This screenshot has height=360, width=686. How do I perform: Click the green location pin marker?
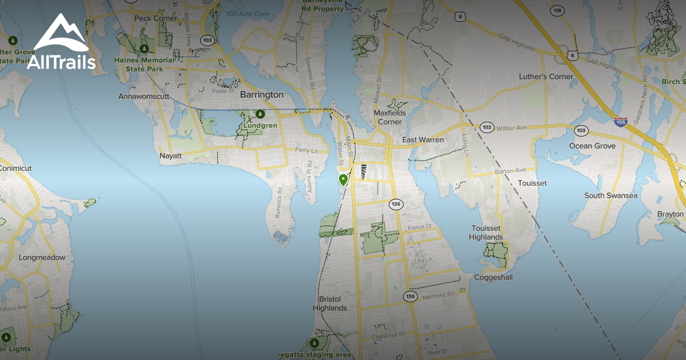click(x=343, y=180)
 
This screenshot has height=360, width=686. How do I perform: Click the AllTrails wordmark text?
click(x=61, y=62)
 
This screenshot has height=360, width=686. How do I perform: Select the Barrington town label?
click(x=262, y=94)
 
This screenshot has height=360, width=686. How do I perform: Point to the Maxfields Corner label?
click(x=390, y=117)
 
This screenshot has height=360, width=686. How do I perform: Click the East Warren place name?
click(x=424, y=140)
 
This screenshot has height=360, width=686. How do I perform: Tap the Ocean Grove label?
click(x=592, y=146)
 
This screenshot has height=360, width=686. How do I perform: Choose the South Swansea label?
click(x=611, y=195)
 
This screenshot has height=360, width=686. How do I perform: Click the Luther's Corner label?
click(x=546, y=77)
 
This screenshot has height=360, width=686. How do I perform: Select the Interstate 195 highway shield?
click(x=621, y=122)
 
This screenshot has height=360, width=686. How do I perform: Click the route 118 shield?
click(x=557, y=10)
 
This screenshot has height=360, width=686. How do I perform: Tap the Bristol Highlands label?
click(x=330, y=303)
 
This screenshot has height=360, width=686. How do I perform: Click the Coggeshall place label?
click(x=493, y=278)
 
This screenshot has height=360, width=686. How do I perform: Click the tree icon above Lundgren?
click(x=260, y=114)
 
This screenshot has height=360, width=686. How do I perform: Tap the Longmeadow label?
click(x=42, y=257)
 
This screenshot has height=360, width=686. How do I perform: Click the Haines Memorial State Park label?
click(x=143, y=65)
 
